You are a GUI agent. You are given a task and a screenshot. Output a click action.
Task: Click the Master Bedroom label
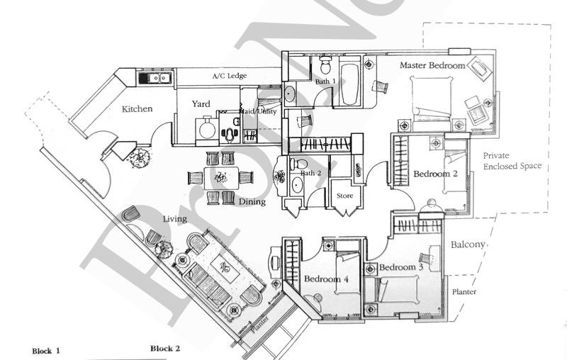[x=432, y=65]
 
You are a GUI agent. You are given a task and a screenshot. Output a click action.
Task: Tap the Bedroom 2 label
[x=436, y=174]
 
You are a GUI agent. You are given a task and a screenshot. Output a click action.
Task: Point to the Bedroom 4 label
[x=326, y=279]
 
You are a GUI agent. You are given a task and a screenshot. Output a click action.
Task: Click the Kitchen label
[x=137, y=109]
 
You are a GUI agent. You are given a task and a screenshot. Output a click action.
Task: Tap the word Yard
[x=201, y=104]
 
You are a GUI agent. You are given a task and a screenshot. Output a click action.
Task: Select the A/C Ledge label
[x=229, y=76]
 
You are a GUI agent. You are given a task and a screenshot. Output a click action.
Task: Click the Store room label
[x=344, y=196]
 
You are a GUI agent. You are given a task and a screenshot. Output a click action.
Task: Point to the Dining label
[x=252, y=201]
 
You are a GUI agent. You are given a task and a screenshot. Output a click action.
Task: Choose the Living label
[x=174, y=219]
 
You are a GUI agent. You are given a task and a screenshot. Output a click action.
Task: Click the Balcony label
[x=468, y=244]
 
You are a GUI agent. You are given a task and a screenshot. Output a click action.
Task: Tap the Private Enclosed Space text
[x=512, y=161]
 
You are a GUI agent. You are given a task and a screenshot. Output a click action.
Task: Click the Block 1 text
[x=47, y=351]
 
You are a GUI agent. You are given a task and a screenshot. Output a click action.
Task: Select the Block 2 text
[x=165, y=349]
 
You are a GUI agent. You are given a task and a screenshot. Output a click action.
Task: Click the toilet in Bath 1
[x=325, y=67]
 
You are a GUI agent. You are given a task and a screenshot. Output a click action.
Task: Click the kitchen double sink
[x=154, y=77]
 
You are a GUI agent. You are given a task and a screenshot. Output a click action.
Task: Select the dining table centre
[x=222, y=177]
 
